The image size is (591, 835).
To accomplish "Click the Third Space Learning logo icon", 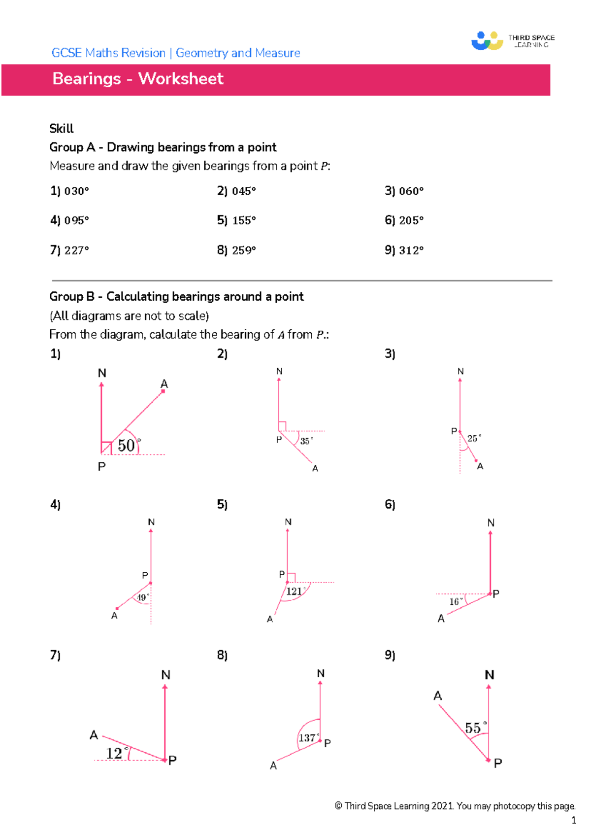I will point(487,41).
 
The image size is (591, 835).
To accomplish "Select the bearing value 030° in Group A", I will point(76,191).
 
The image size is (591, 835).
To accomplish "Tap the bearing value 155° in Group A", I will point(244,221).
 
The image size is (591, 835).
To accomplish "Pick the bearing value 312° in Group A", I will point(411,250).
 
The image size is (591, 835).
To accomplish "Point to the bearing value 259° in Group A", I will point(244,250).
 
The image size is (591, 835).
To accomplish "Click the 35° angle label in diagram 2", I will point(306,441).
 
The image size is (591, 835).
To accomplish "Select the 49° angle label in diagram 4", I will point(142,597).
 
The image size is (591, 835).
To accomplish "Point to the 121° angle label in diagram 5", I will point(295,591).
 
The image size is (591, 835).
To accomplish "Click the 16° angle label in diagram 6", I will point(456,601).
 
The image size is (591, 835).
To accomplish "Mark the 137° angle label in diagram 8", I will point(308,738).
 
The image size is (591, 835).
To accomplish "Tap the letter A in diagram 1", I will point(164,384).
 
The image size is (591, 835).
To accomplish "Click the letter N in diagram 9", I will point(489,675).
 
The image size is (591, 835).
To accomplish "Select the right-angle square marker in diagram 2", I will point(282,426).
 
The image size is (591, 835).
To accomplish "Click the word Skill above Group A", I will point(61,129).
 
